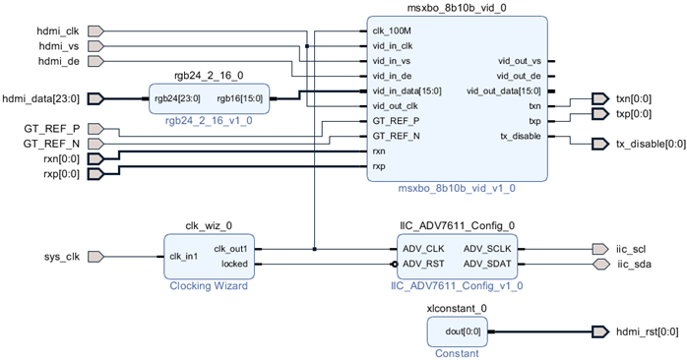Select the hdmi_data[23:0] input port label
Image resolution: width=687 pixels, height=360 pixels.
tap(42, 98)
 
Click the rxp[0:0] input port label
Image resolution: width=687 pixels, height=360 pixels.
tap(61, 175)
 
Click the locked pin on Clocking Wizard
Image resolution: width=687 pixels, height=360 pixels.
tap(234, 264)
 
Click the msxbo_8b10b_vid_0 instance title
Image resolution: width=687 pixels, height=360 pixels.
tap(458, 8)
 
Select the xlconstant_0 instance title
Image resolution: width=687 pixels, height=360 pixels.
tap(457, 308)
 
